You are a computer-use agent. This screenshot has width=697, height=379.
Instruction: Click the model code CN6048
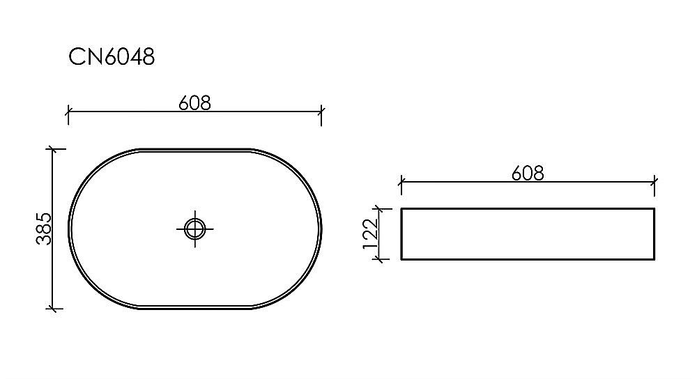tap(112, 58)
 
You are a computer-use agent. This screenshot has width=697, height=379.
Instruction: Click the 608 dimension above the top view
tap(194, 103)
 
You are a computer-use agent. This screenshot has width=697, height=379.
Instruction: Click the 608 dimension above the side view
tap(528, 173)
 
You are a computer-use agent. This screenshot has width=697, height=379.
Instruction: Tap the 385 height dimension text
tap(43, 229)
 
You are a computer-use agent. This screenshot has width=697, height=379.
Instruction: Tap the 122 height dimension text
tap(370, 233)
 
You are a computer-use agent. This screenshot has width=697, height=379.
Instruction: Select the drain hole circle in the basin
tap(195, 228)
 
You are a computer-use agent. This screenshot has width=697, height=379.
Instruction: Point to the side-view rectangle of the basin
tap(528, 233)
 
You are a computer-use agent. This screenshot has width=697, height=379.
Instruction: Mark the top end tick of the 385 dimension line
tap(54, 148)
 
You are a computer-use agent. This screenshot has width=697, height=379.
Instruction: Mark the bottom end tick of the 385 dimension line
tap(54, 308)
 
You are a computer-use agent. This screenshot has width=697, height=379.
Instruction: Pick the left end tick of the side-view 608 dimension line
tap(401, 183)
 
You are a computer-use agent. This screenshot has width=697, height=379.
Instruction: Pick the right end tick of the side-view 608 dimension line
tap(654, 183)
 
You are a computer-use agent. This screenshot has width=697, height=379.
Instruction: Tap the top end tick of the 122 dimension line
tap(380, 208)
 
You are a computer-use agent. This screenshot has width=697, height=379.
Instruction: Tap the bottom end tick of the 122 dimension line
tap(380, 259)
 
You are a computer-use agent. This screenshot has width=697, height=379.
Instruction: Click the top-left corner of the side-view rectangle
tap(401, 208)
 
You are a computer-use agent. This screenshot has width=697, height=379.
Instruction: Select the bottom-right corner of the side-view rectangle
tap(654, 259)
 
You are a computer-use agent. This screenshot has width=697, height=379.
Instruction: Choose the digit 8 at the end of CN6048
tap(147, 58)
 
